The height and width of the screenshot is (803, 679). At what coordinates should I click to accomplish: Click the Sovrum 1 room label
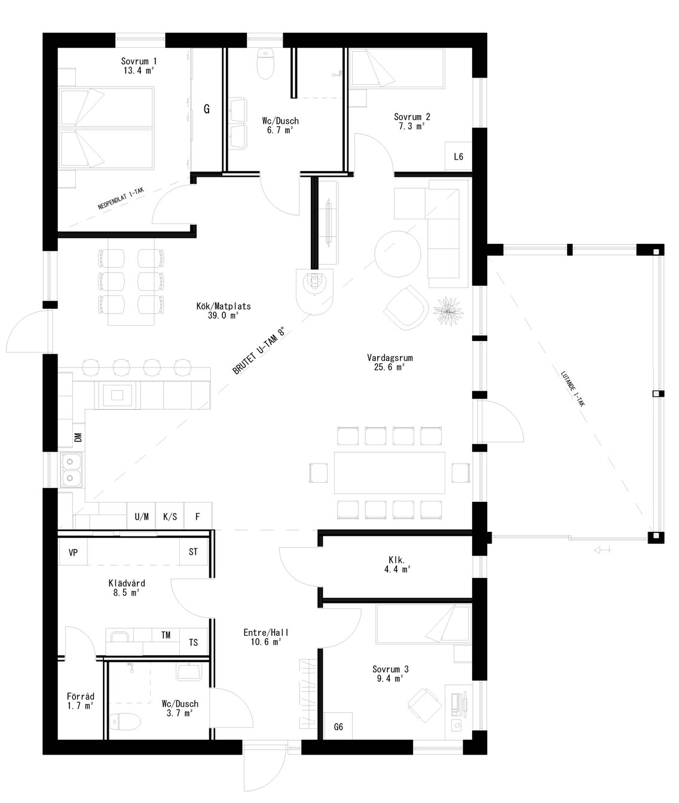pos(139,61)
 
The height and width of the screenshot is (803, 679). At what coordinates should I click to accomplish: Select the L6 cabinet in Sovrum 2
pos(458,157)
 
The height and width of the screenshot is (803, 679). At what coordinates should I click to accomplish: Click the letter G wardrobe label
pos(207,109)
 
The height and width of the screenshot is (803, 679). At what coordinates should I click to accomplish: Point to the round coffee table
pos(397,253)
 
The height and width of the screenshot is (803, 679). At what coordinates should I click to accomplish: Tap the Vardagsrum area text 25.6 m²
pos(390,367)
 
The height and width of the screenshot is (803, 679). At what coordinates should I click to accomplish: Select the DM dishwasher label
pos(78,438)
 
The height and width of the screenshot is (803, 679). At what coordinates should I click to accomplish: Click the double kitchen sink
pos(71,469)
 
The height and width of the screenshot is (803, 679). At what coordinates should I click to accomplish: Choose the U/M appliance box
pos(142,517)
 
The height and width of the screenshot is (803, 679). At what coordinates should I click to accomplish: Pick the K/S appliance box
pos(170,517)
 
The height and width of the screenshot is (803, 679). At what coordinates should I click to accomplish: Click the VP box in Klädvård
pos(74,553)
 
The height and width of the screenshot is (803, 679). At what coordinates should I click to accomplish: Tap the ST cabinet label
pos(193,552)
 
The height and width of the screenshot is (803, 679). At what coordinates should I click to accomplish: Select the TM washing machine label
pos(166,635)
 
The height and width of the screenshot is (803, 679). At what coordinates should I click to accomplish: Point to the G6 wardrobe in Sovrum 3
pos(338,727)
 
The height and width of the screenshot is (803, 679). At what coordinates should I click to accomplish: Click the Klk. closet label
pos(397,560)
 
